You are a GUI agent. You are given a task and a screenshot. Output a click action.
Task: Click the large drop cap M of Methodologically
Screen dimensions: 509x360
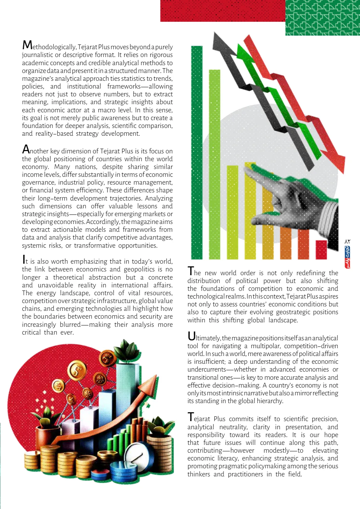point(27,45)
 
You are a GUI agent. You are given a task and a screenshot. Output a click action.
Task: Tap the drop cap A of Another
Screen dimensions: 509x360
point(26,149)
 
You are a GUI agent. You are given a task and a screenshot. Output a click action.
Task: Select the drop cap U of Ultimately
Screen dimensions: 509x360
point(192,336)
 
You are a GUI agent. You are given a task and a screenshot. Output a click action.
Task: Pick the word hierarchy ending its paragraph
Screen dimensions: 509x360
point(268,401)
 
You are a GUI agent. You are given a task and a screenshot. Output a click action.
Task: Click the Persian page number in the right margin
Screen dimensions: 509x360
point(347,241)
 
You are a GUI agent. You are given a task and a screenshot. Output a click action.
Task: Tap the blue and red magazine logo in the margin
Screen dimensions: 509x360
point(347,257)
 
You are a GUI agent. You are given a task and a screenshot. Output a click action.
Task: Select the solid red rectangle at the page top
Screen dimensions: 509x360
point(222,11)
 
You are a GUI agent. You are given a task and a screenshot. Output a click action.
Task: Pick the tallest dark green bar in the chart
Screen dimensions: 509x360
point(197,153)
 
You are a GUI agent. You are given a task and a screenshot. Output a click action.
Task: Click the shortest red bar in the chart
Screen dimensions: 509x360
point(321,250)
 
